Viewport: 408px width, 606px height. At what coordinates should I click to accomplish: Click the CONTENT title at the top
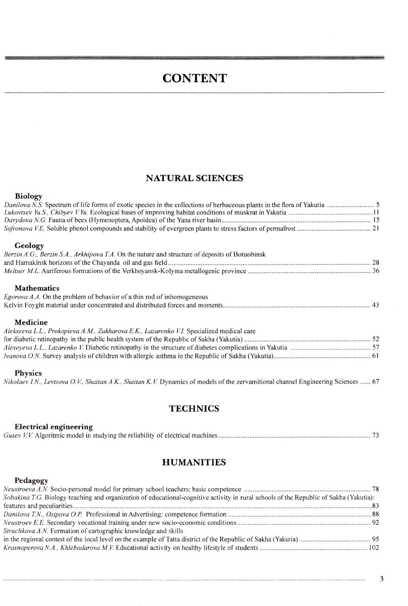pyautogui.click(x=195, y=78)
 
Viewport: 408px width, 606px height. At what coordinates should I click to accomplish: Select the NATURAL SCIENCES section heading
pyautogui.click(x=195, y=178)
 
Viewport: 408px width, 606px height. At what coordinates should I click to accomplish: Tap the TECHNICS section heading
pyautogui.click(x=194, y=408)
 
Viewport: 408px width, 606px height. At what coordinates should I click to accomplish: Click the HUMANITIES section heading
pyautogui.click(x=194, y=462)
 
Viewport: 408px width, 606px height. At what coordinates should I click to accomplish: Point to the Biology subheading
pyautogui.click(x=29, y=196)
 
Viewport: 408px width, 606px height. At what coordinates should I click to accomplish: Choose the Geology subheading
pyautogui.click(x=29, y=245)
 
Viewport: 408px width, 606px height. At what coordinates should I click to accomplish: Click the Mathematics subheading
pyautogui.click(x=37, y=288)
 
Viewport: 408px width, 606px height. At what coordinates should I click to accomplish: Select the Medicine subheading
pyautogui.click(x=31, y=322)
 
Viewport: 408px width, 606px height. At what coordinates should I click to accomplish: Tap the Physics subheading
pyautogui.click(x=28, y=373)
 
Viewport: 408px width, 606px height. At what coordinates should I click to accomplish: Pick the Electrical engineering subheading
pyautogui.click(x=54, y=427)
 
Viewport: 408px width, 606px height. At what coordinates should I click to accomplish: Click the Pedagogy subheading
pyautogui.click(x=31, y=481)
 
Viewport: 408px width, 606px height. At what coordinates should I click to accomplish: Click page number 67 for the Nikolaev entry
pyautogui.click(x=376, y=382)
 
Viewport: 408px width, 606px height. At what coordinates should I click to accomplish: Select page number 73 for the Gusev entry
pyautogui.click(x=375, y=436)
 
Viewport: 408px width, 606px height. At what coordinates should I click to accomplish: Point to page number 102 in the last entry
pyautogui.click(x=374, y=548)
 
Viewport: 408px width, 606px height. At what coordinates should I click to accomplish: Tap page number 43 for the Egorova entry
pyautogui.click(x=375, y=305)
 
